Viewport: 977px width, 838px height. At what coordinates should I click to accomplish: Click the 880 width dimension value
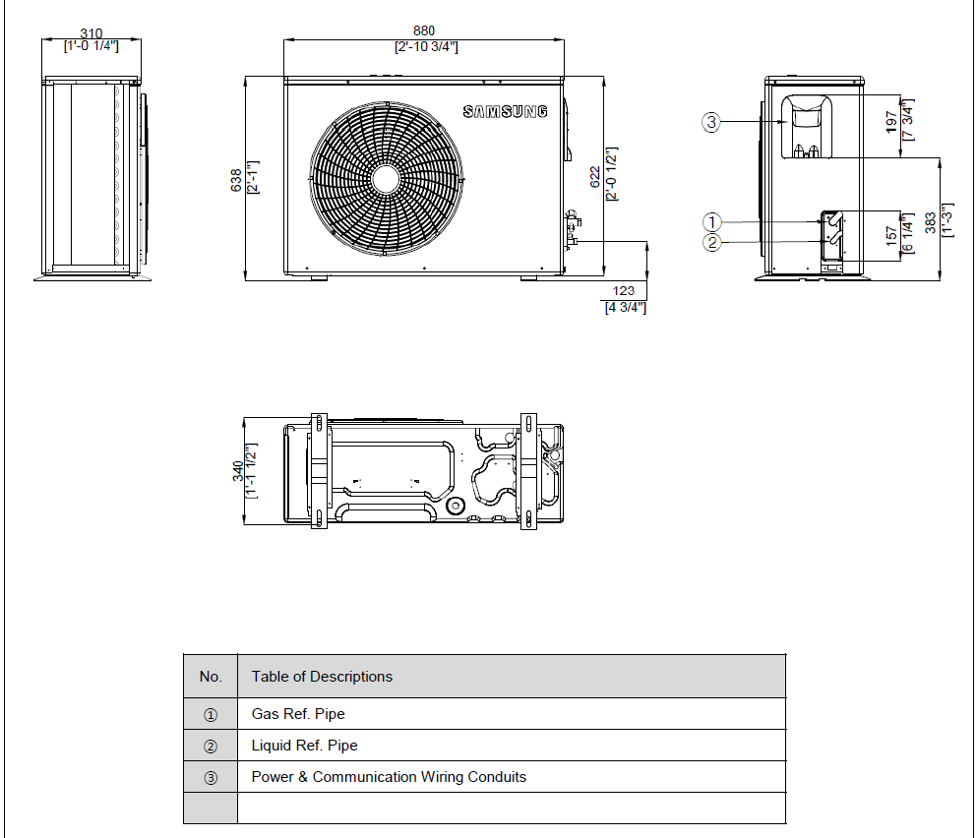pos(424,31)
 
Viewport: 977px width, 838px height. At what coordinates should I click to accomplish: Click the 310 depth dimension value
pos(91,34)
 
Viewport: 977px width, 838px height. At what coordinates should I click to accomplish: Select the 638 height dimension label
pos(236,180)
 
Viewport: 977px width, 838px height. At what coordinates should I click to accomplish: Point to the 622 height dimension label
pos(595,176)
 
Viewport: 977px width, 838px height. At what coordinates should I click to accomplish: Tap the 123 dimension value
pos(624,291)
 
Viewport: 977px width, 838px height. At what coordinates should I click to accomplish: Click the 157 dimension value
pos(891,237)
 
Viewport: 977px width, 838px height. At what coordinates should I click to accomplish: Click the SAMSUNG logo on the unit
pos(505,112)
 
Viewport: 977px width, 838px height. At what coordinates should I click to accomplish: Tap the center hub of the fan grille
pos(385,177)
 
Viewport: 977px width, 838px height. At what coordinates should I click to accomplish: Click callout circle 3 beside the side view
pos(711,122)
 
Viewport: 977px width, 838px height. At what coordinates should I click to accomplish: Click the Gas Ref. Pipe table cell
pos(298,714)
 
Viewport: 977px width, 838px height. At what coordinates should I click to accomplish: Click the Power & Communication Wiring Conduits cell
pos(389,777)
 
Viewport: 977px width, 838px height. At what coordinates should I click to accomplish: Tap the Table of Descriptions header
pos(322,677)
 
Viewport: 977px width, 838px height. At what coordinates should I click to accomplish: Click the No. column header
pos(211,677)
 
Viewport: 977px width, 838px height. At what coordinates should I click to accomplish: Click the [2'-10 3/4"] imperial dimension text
pos(425,46)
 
